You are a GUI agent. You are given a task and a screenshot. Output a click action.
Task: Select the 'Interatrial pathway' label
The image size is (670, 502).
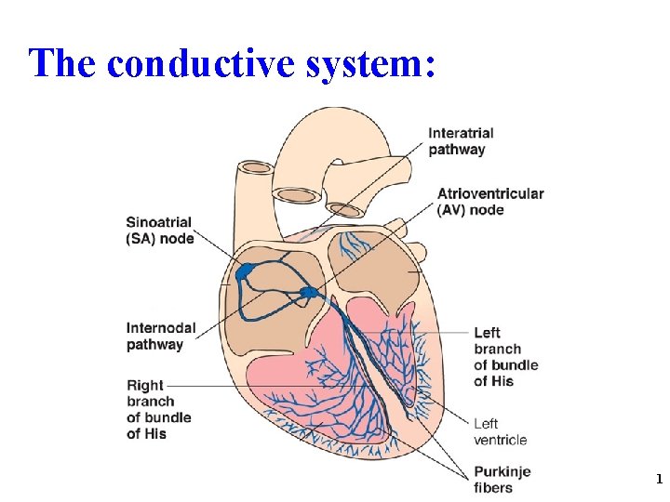point(461,141)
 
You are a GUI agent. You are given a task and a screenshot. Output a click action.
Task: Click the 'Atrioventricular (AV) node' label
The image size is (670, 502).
point(490,202)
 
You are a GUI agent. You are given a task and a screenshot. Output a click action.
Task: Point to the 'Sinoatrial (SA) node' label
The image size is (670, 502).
point(160,231)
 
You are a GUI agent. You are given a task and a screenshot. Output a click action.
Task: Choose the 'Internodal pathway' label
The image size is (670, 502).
point(162,336)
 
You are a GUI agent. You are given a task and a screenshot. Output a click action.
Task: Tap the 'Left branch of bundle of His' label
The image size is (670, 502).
point(505,356)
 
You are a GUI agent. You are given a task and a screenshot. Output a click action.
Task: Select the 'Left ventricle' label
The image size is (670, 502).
point(500,431)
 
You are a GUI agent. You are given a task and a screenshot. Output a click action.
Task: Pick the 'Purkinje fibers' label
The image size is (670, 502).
point(502,479)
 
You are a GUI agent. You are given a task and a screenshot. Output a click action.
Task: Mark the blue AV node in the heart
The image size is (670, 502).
point(309,294)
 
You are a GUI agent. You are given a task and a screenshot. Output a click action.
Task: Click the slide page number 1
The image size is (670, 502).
point(659,480)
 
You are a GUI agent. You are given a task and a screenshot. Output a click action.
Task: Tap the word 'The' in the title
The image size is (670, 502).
point(61,63)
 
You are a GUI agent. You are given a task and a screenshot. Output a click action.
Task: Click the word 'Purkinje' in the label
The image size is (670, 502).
point(502,471)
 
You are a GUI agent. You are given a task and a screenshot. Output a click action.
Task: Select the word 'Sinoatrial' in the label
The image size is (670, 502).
point(159,222)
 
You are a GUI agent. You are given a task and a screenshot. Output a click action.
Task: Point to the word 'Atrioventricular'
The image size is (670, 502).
point(490,193)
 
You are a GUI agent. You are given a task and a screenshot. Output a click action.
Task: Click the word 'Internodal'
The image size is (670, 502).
point(162,327)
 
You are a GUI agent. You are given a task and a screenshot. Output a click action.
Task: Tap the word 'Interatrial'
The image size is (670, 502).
point(461,133)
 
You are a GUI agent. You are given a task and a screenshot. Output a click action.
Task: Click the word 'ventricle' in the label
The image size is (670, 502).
point(500,440)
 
